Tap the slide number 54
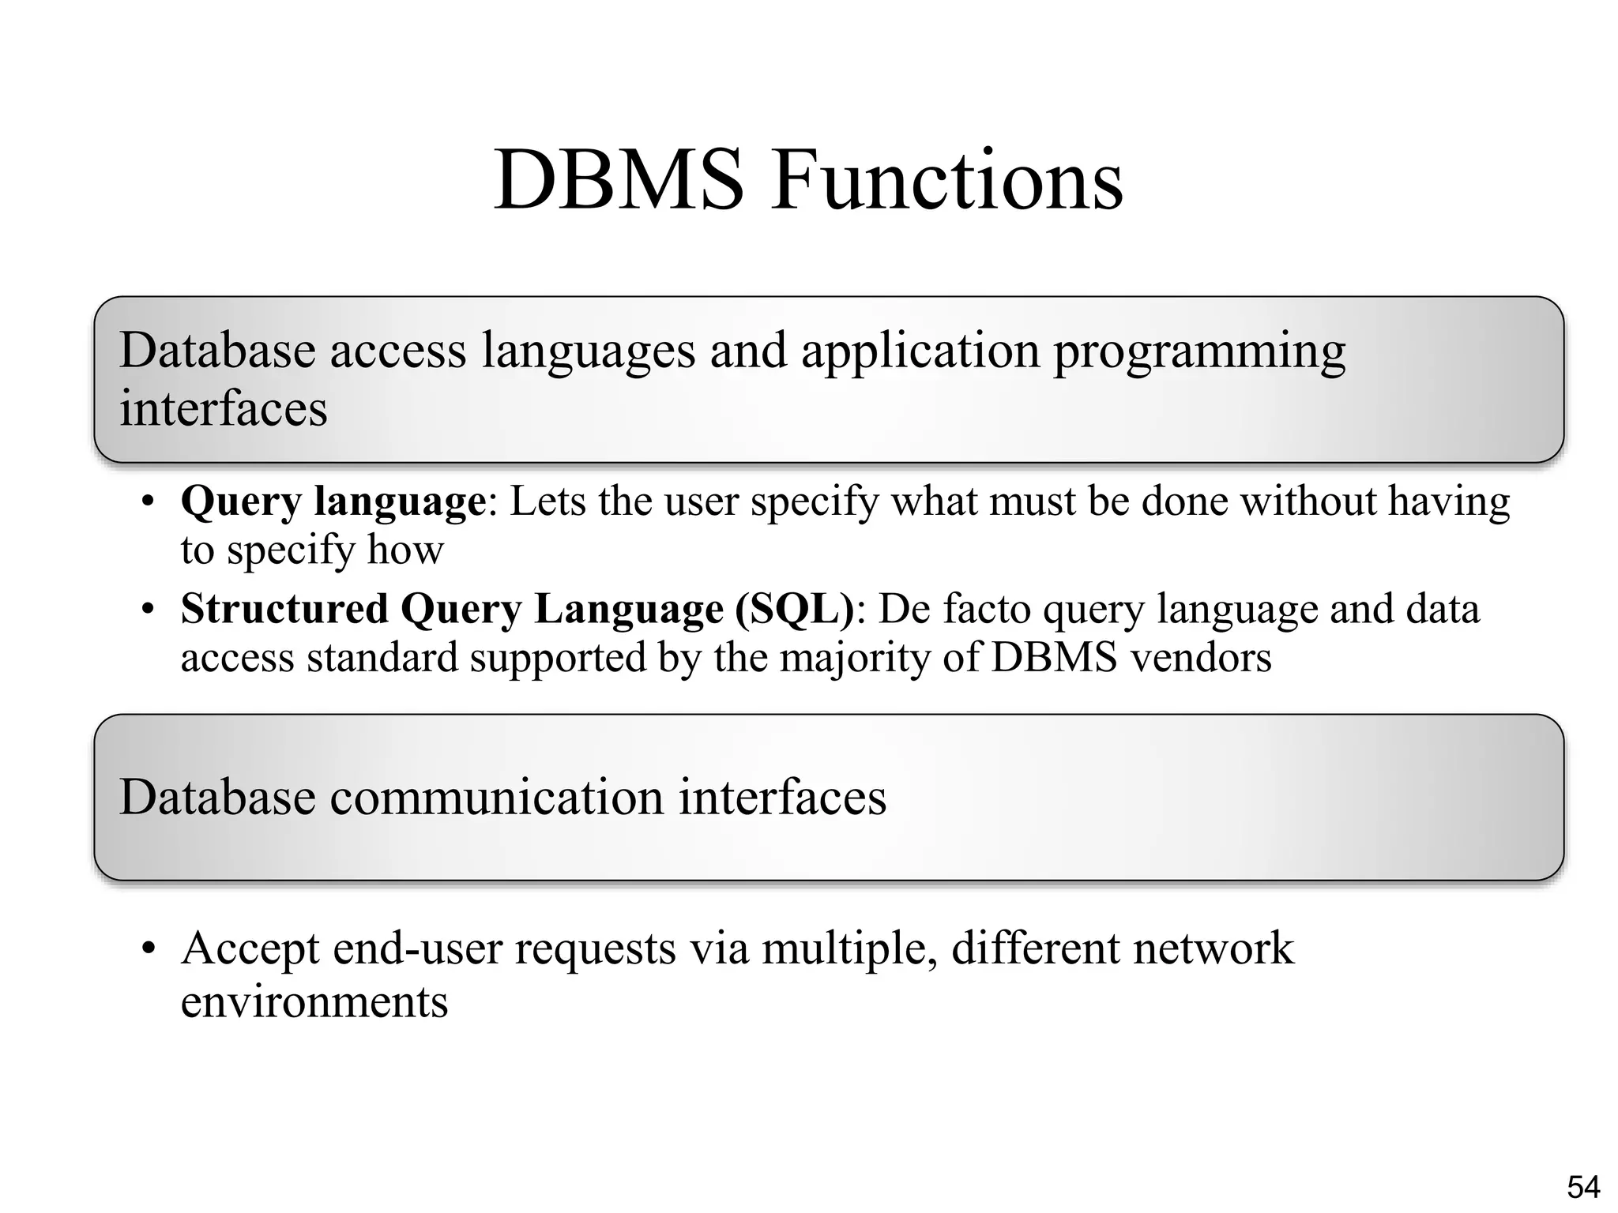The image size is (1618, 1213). click(1583, 1187)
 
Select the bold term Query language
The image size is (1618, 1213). click(333, 501)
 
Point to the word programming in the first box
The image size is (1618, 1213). click(1198, 351)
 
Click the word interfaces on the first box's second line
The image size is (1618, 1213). click(223, 409)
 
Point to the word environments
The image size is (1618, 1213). click(314, 1001)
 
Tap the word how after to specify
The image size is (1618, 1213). click(405, 550)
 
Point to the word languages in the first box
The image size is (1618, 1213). click(589, 351)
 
